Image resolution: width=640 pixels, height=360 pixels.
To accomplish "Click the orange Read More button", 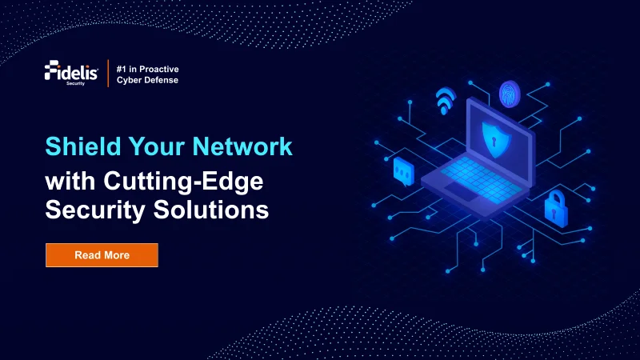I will [102, 254].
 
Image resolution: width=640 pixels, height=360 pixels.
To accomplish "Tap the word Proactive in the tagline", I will [158, 69].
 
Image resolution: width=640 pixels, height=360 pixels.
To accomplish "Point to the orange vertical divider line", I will [108, 74].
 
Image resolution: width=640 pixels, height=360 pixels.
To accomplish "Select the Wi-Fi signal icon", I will [446, 102].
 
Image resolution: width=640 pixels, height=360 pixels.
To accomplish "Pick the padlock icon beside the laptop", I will [556, 208].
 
